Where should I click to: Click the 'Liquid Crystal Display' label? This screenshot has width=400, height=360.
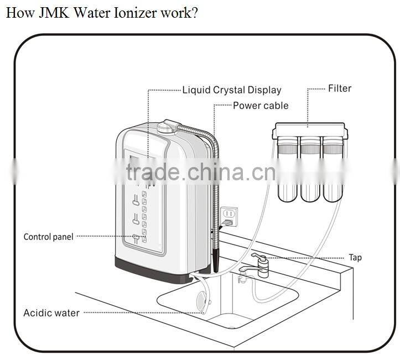pyautogui.click(x=231, y=90)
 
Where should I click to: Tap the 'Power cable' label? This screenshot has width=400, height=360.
pyautogui.click(x=260, y=106)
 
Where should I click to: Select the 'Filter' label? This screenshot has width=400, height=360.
pyautogui.click(x=339, y=88)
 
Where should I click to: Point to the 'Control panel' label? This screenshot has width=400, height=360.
pyautogui.click(x=48, y=237)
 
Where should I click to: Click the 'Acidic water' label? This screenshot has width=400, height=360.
pyautogui.click(x=51, y=313)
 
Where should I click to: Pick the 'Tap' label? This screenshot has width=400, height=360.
pyautogui.click(x=355, y=258)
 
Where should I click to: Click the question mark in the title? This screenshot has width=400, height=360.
pyautogui.click(x=194, y=12)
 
